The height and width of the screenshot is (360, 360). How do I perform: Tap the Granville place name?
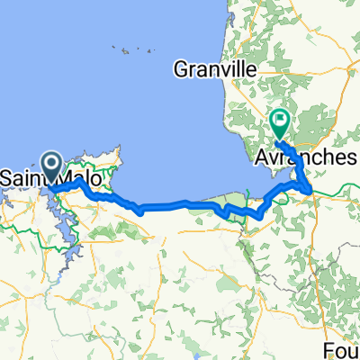click(214, 69)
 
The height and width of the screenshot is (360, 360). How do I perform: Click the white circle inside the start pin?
click(51, 162)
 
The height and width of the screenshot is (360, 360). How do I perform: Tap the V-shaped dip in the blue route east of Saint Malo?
click(140, 211)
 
